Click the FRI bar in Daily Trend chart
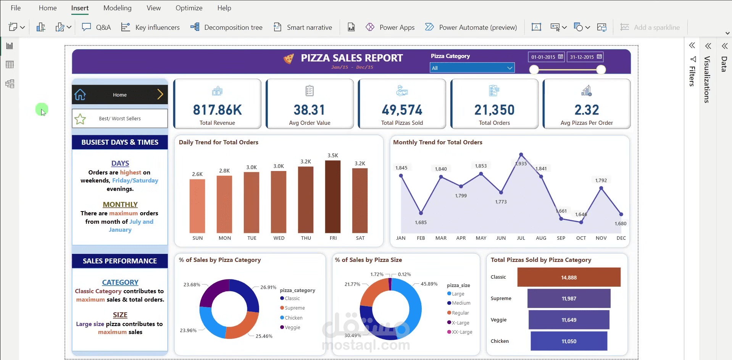(x=332, y=197)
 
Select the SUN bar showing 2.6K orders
(x=197, y=206)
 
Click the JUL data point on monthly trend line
(x=521, y=155)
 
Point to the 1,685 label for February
(x=421, y=222)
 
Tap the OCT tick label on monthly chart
(x=581, y=238)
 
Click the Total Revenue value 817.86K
(x=217, y=110)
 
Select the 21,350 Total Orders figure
(x=494, y=110)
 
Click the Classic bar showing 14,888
(x=569, y=277)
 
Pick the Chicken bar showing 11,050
(x=569, y=341)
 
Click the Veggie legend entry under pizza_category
(x=292, y=327)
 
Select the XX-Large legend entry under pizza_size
(x=461, y=332)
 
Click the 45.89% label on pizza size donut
(x=429, y=284)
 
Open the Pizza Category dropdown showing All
(x=472, y=68)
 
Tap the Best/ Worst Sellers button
(x=119, y=119)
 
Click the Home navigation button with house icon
(x=119, y=95)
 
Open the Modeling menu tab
(x=117, y=8)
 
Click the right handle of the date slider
(x=601, y=69)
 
